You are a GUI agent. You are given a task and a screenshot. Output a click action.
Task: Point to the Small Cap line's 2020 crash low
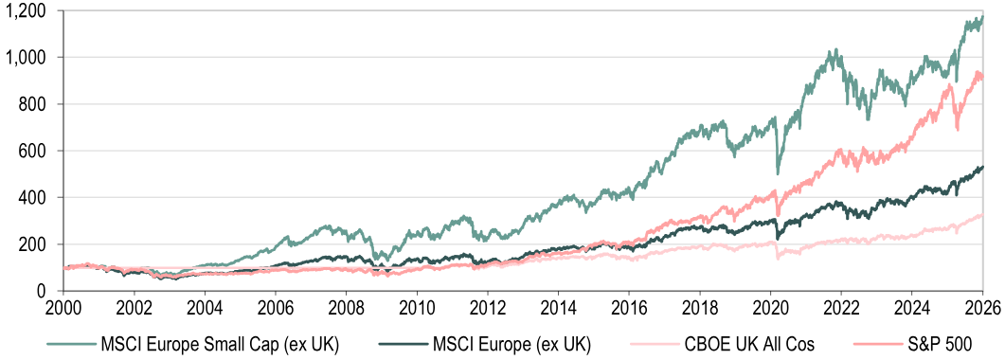[x=778, y=173]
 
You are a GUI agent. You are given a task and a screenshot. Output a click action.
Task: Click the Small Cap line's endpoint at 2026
[x=982, y=16]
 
